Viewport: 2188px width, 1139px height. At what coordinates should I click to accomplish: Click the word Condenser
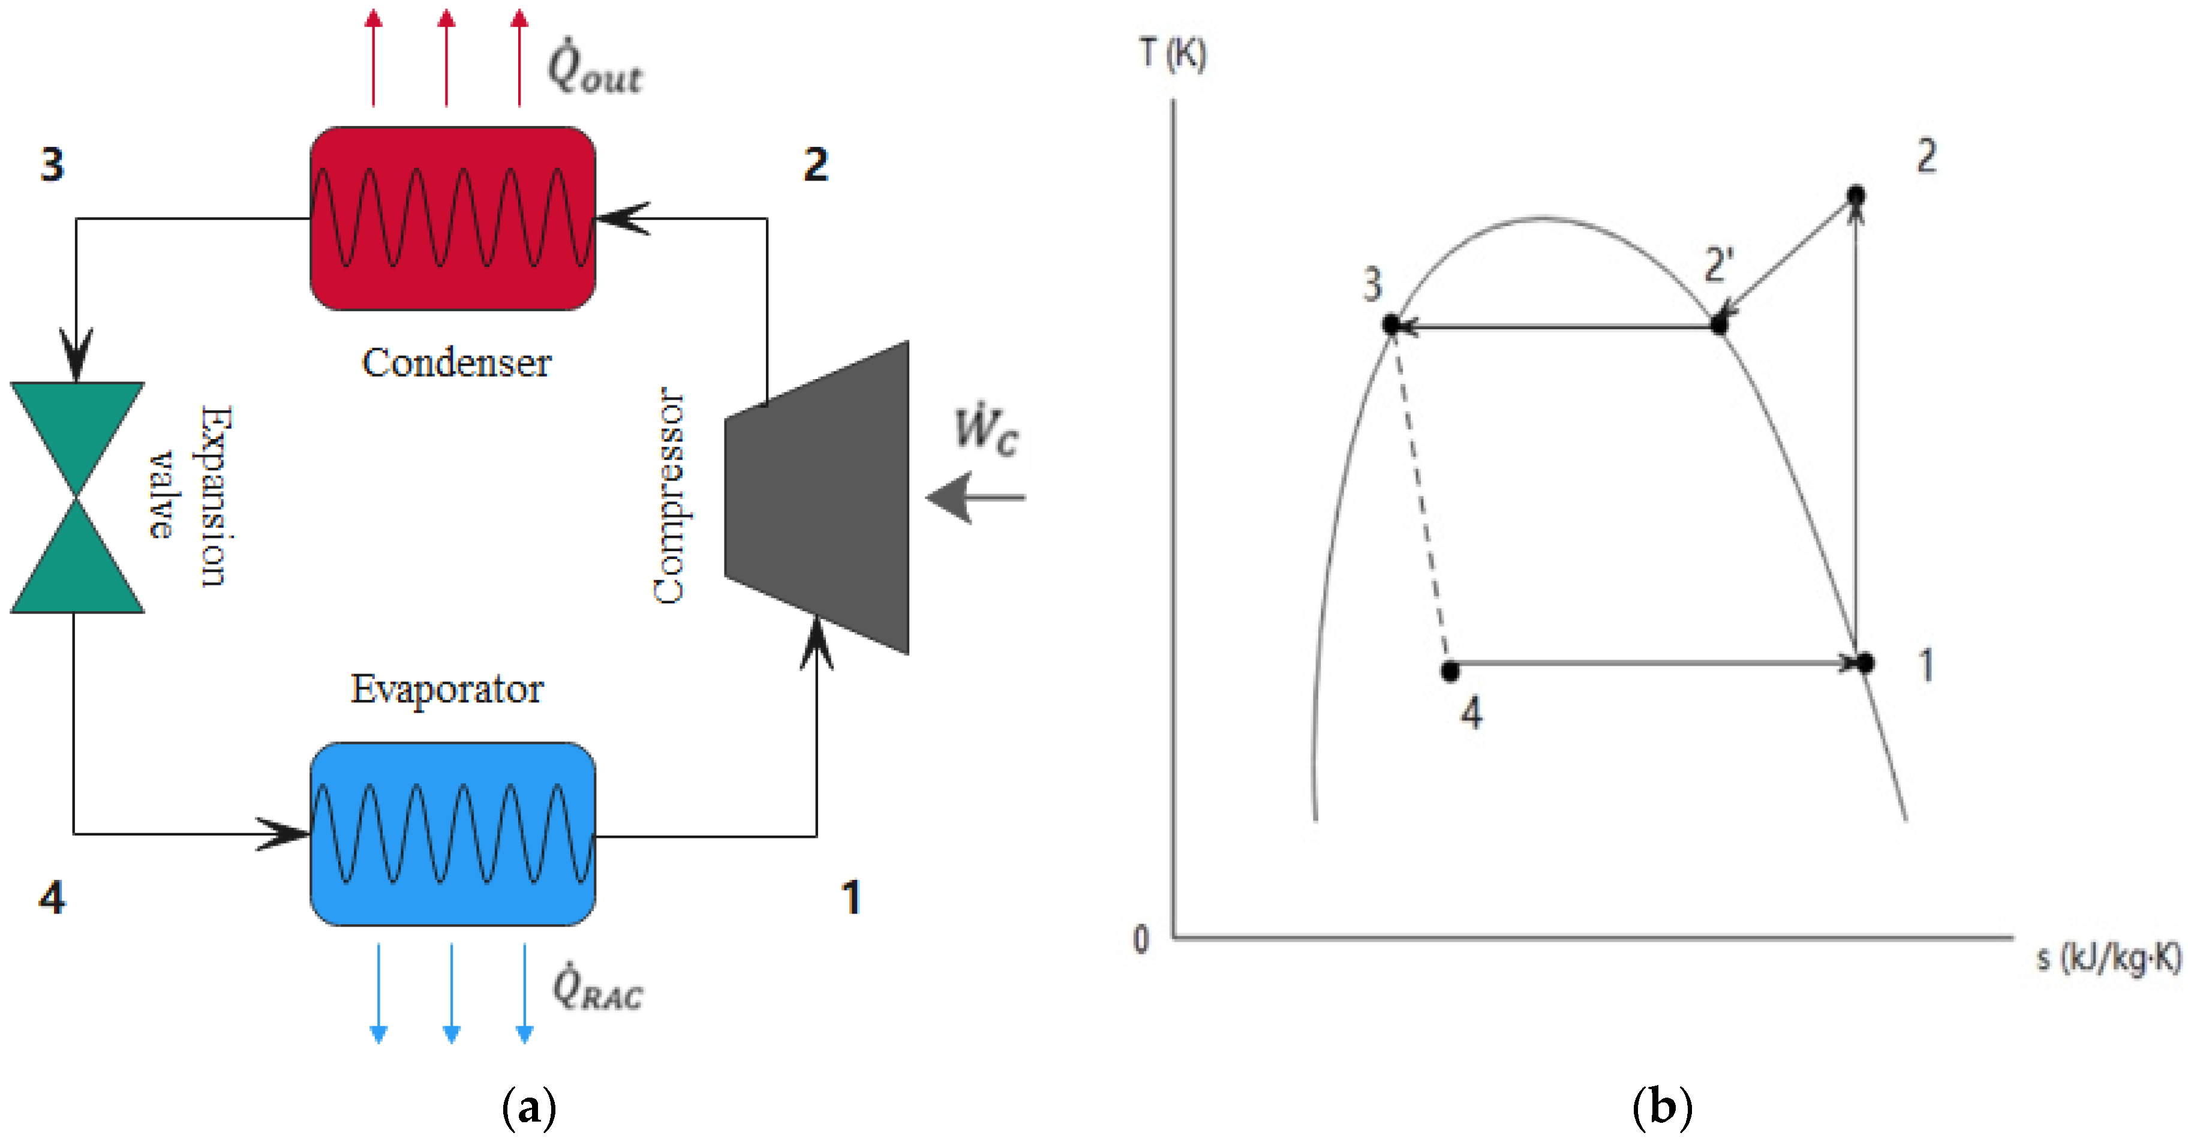tap(456, 363)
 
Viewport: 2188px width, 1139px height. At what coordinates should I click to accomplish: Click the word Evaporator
tap(447, 689)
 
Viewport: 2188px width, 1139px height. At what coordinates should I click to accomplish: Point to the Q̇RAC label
tap(597, 987)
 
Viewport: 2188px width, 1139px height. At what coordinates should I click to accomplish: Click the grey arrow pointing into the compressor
tap(974, 498)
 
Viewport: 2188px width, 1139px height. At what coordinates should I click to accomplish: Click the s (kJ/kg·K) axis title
tap(2108, 957)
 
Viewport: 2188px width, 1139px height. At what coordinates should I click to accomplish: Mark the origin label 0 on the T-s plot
tap(1141, 939)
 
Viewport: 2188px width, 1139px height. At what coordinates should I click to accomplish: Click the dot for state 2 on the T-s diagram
tap(1856, 196)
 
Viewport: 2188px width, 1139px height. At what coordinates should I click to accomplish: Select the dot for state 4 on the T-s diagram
tap(1450, 671)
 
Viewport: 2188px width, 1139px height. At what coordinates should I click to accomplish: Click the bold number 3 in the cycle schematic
tap(52, 164)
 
